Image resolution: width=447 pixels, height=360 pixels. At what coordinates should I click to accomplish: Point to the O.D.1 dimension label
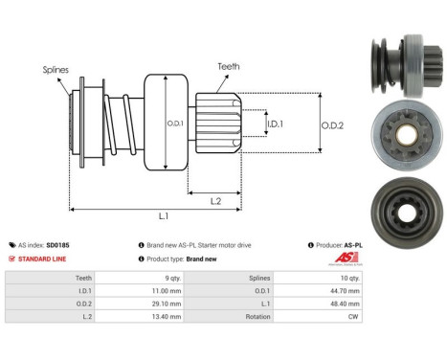click(x=174, y=123)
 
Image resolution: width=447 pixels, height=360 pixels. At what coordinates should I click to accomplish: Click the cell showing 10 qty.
click(x=349, y=277)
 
